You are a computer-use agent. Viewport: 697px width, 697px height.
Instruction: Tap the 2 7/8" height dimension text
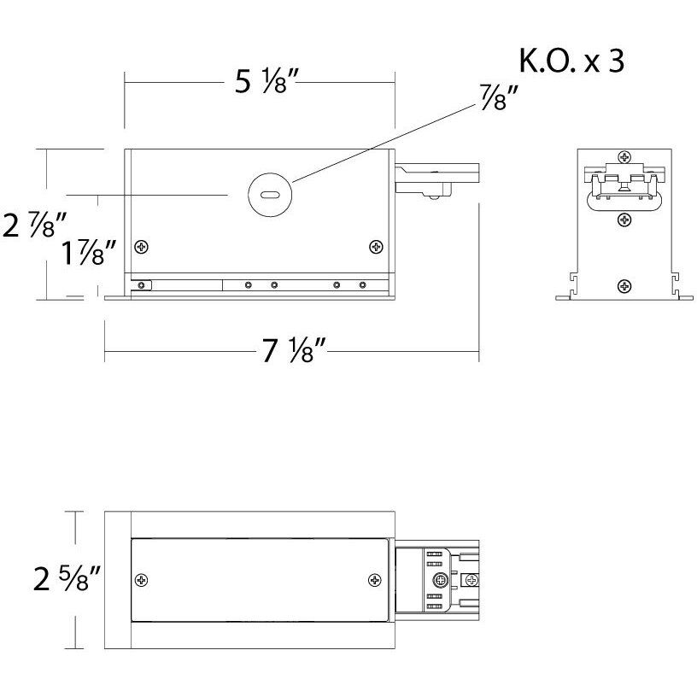(x=35, y=225)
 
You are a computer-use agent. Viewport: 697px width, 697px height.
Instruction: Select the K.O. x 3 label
(x=571, y=63)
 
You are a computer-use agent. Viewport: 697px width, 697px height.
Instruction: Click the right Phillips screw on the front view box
(x=376, y=247)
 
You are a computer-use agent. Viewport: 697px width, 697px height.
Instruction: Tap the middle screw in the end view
(x=625, y=220)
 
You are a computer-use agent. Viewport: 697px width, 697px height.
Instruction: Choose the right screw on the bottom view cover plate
(x=374, y=580)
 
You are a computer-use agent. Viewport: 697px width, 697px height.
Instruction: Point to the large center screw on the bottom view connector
(x=440, y=580)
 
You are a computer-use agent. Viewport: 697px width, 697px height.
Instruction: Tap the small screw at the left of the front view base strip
(x=143, y=284)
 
